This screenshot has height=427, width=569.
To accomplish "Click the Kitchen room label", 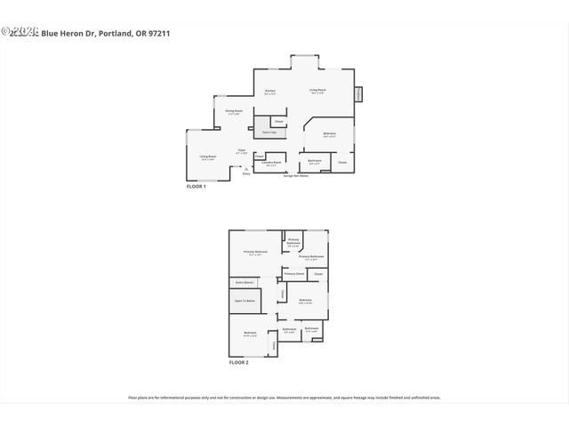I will (270, 91).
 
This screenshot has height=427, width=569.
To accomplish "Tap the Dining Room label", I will (234, 111).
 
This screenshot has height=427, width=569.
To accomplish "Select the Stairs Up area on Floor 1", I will (268, 133).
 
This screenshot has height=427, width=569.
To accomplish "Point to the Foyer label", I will (241, 151).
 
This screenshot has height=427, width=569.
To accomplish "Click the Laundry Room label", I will (272, 164).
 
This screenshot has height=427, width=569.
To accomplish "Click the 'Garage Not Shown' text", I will (296, 176).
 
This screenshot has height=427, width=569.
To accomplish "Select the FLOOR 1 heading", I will (196, 187).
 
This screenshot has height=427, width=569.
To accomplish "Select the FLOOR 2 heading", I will (238, 363).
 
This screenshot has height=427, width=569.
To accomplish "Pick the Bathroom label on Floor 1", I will (314, 162).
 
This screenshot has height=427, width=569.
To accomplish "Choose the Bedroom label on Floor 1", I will (329, 134).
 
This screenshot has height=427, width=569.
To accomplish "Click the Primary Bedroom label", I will (255, 253).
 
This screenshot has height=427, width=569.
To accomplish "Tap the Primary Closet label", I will (294, 274).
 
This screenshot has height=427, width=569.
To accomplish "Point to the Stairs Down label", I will (244, 283).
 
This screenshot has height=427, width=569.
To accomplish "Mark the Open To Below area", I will (245, 302).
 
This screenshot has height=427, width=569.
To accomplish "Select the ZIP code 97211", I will (159, 33).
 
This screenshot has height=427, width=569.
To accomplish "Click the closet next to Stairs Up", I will (278, 121).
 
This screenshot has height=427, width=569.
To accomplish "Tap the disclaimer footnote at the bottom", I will (284, 398).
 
